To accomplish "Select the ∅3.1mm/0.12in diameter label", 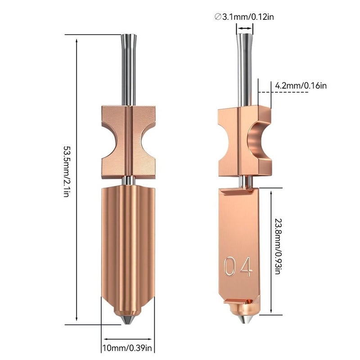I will coord(245,17).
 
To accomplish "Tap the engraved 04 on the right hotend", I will coord(238,267).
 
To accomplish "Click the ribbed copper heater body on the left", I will coord(128,243).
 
